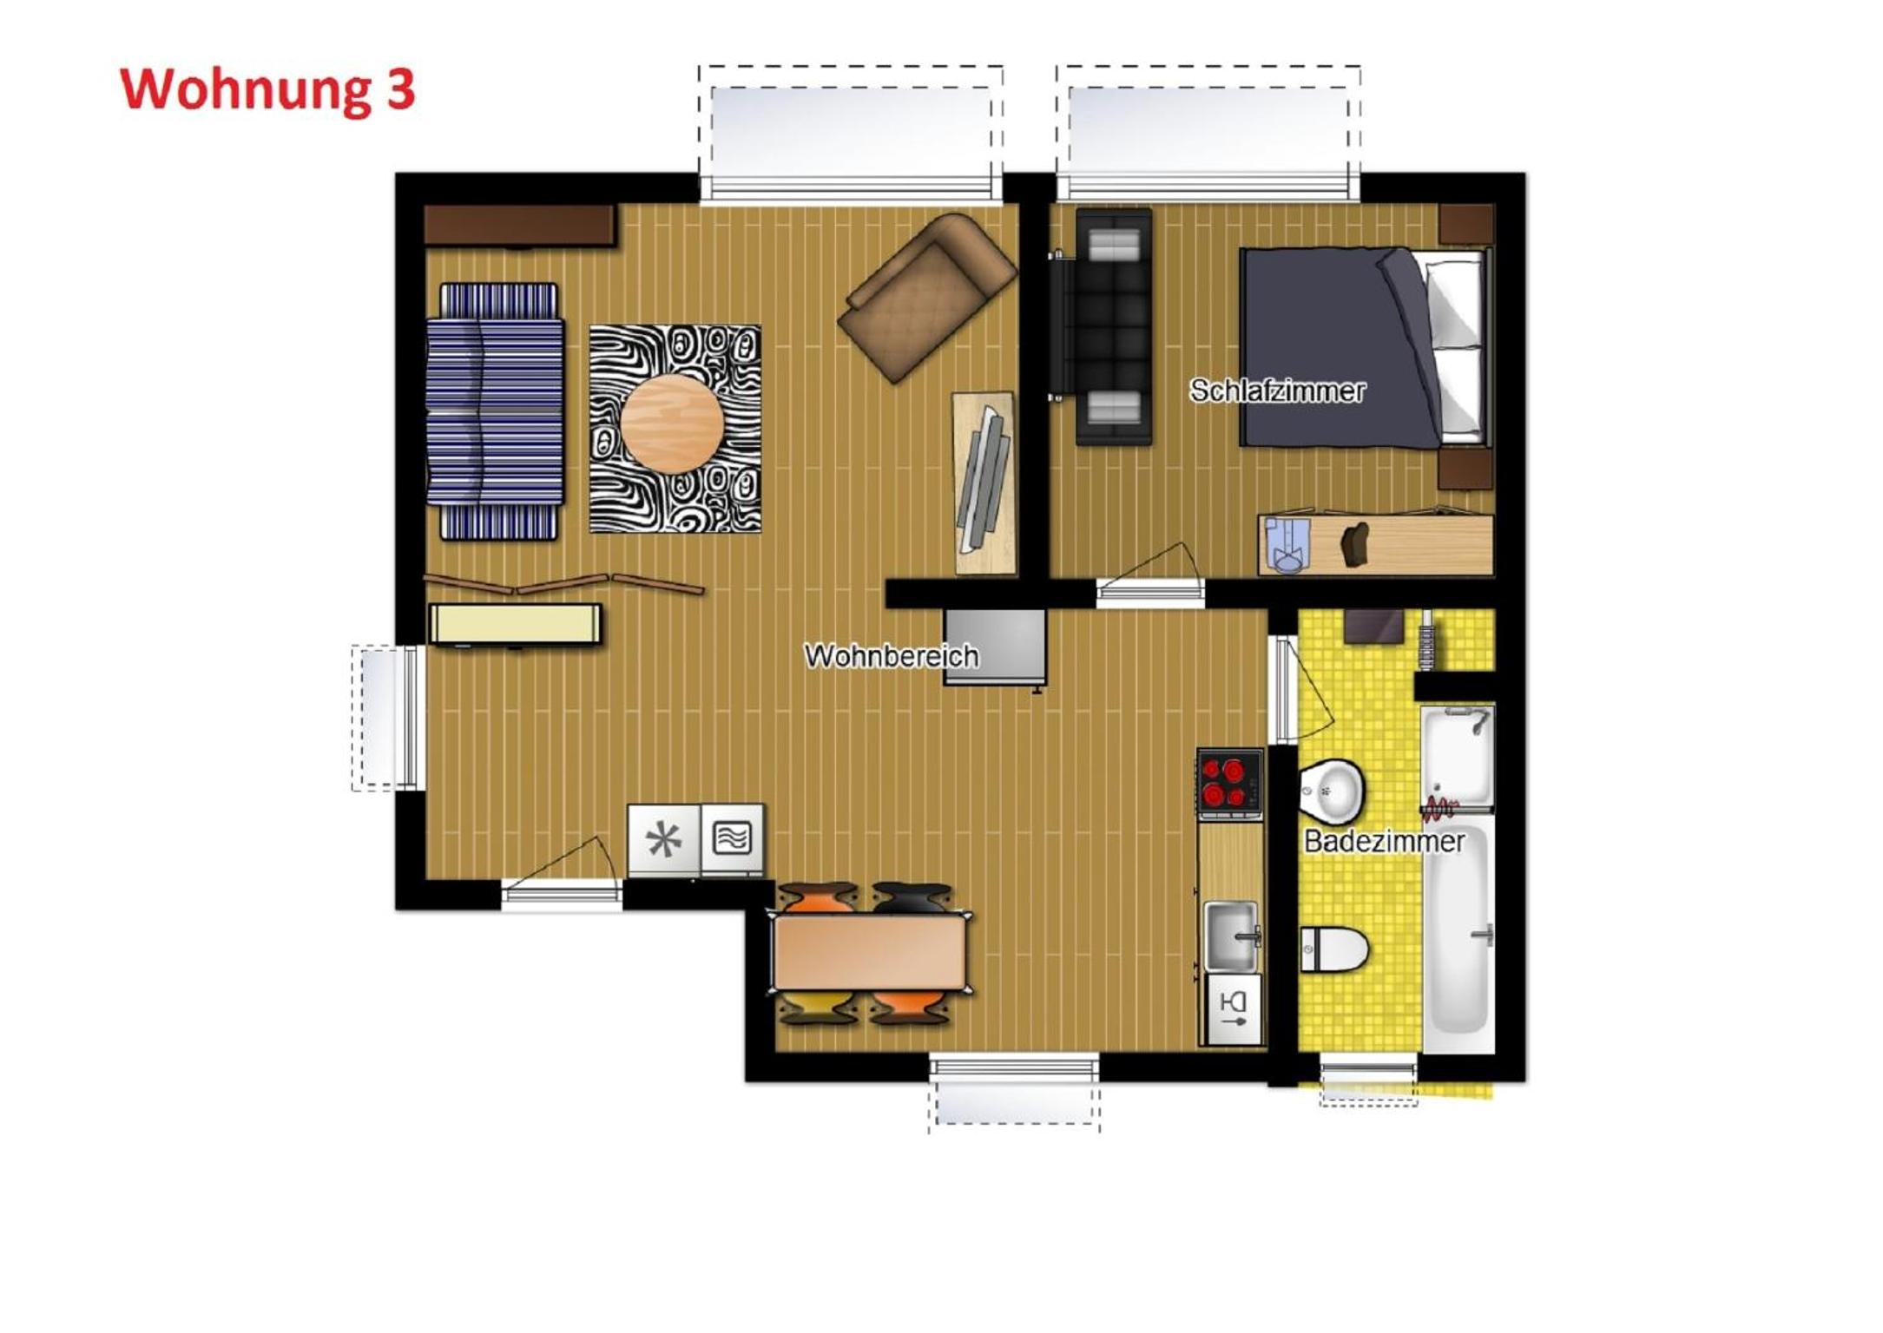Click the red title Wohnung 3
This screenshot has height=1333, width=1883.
tap(268, 90)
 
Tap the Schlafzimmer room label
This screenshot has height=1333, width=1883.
tap(1277, 391)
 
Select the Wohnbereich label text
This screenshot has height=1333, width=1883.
tap(892, 656)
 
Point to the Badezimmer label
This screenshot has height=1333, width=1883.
tap(1384, 841)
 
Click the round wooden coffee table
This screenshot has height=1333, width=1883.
tap(672, 424)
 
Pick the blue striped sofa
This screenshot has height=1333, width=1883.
tap(496, 411)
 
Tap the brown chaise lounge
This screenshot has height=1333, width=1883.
tap(926, 298)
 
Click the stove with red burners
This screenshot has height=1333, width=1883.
tap(1229, 783)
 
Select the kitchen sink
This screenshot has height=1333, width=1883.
tap(1232, 936)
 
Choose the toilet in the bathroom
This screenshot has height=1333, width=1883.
tap(1333, 949)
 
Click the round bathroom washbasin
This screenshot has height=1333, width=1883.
tap(1331, 791)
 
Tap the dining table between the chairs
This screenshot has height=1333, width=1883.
tap(870, 953)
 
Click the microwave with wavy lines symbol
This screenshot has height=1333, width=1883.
tap(732, 839)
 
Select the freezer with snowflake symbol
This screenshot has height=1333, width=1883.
tap(663, 840)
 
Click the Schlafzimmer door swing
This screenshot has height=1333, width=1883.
tap(1150, 573)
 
